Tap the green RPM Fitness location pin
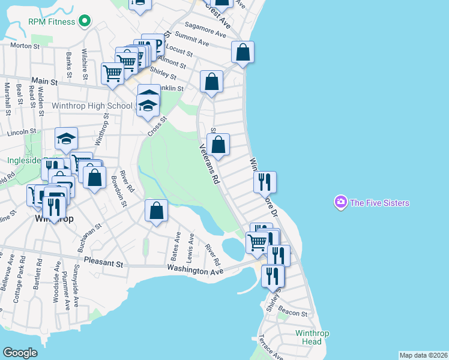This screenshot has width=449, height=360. (x=85, y=22)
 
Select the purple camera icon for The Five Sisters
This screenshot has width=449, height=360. (x=341, y=203)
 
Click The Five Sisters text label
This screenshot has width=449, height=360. (x=379, y=203)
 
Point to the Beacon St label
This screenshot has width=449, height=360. (x=293, y=313)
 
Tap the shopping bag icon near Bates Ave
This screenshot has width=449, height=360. (x=156, y=211)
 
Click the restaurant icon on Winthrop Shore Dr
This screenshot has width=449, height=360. (x=265, y=181)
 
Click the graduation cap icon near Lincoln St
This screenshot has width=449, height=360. (x=66, y=139)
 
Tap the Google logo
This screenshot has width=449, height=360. (x=20, y=353)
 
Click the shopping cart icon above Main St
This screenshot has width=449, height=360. (x=112, y=73)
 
